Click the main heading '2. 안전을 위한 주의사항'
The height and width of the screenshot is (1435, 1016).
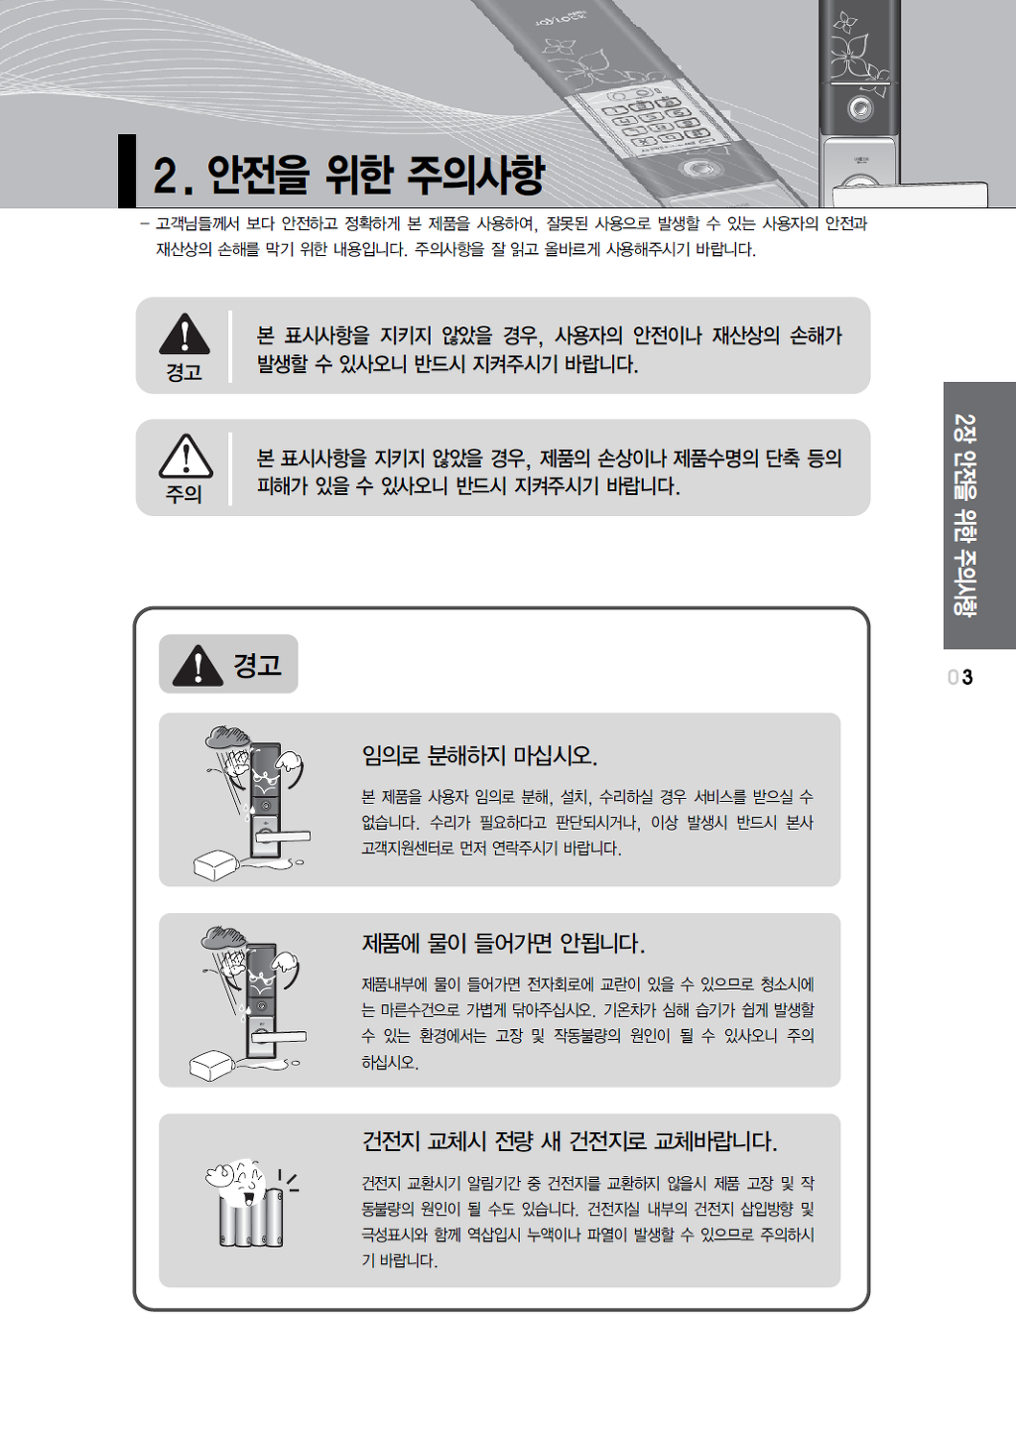pos(349,175)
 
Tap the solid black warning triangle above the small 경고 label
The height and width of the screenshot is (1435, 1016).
pos(185,333)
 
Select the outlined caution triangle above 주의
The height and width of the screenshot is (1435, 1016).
pos(186,457)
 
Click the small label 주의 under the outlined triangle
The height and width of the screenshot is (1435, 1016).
pos(184,494)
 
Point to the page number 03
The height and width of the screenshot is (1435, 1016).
pos(960,677)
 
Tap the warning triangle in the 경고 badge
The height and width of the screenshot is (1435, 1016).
pos(198,665)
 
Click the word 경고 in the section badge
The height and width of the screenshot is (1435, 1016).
pos(258,664)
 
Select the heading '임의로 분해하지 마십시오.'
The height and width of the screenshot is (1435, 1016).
pos(479,756)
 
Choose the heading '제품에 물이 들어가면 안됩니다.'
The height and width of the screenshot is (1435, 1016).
pos(503,943)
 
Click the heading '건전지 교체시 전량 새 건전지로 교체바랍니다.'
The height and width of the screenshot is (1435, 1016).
pos(570,1141)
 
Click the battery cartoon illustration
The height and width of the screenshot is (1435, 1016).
pos(251,1203)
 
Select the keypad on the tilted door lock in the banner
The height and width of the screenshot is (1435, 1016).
pos(654,120)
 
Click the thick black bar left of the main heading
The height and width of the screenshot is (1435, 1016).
pos(127,171)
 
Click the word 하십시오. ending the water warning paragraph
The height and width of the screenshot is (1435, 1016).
pos(390,1062)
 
